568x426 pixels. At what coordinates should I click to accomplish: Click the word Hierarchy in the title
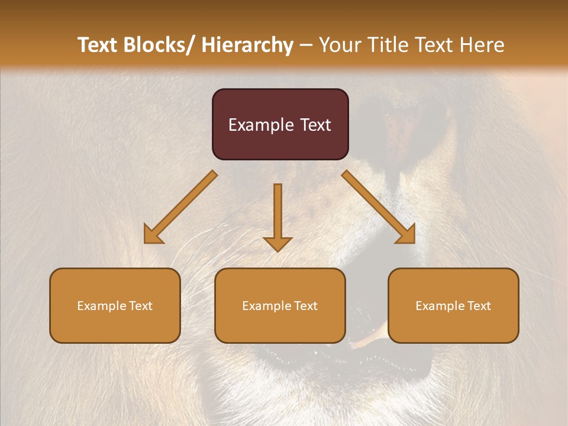click(x=247, y=46)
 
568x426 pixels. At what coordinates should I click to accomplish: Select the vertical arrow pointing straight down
click(x=277, y=213)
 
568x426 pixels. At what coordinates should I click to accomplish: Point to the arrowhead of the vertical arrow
click(x=277, y=244)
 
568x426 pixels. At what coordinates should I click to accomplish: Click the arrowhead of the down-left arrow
click(x=153, y=235)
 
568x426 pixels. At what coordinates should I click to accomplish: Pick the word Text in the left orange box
click(x=141, y=306)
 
